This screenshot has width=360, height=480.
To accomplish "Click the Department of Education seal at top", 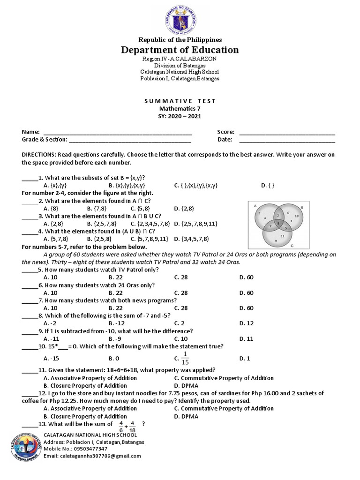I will tap(180, 20).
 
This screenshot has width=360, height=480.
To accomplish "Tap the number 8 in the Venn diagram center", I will tap(278, 224).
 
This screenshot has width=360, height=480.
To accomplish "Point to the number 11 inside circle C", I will tap(282, 236).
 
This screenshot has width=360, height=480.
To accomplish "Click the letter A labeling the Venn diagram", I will tap(255, 205).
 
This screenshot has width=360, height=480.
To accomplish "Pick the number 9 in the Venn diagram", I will tap(276, 241).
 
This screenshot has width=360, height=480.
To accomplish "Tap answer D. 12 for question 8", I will tap(246, 323).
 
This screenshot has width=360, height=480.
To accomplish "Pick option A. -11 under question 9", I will tap(51, 338).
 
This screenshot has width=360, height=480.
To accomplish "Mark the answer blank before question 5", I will tap(30, 270).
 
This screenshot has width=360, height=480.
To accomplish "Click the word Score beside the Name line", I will tap(225, 132).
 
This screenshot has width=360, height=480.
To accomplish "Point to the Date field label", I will tap(225, 139).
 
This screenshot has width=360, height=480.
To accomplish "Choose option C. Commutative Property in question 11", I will tap(224, 378).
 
